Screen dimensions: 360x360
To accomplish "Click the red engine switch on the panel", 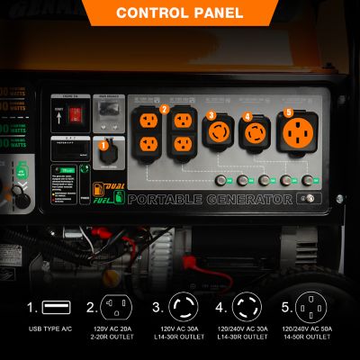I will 76,115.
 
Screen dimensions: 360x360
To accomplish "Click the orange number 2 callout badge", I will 164,110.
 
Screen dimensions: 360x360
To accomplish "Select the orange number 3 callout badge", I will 211,114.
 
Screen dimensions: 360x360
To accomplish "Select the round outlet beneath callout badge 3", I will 220,133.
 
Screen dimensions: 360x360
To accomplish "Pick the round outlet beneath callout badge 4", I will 256,134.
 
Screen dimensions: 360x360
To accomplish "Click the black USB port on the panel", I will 108,156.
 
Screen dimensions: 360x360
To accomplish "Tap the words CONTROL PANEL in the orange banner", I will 179,13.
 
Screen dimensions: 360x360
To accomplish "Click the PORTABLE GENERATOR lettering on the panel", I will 210,199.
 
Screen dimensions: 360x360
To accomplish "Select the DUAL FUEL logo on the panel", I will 106,195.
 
